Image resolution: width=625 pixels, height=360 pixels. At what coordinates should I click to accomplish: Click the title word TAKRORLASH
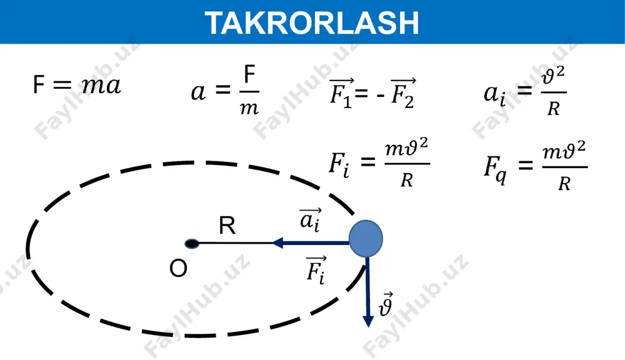click(312, 22)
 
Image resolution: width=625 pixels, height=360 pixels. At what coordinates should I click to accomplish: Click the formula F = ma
click(76, 85)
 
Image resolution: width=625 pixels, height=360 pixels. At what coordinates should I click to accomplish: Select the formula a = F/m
click(225, 91)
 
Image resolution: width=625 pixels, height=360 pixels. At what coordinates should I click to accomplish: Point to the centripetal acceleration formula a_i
click(525, 91)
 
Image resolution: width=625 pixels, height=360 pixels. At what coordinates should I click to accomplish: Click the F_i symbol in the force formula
click(339, 165)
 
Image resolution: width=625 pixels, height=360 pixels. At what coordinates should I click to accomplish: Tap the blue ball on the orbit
click(366, 238)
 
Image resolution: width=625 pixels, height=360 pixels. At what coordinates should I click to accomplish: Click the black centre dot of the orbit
click(192, 244)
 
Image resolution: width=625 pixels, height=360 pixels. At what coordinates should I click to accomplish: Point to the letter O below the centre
click(178, 268)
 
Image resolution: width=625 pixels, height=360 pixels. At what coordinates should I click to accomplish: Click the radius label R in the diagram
click(227, 226)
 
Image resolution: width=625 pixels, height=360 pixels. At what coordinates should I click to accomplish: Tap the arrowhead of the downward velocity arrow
click(368, 321)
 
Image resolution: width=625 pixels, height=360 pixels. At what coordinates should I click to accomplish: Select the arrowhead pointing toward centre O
click(277, 242)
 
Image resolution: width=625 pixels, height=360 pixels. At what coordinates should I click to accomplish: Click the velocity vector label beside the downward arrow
click(386, 304)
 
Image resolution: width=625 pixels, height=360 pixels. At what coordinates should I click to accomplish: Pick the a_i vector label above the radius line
click(310, 219)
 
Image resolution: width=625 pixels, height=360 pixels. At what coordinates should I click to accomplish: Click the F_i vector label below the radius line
click(316, 270)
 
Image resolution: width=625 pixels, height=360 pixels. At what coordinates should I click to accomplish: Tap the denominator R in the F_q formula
click(564, 184)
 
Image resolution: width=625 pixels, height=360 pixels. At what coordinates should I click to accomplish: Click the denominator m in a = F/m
click(249, 108)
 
